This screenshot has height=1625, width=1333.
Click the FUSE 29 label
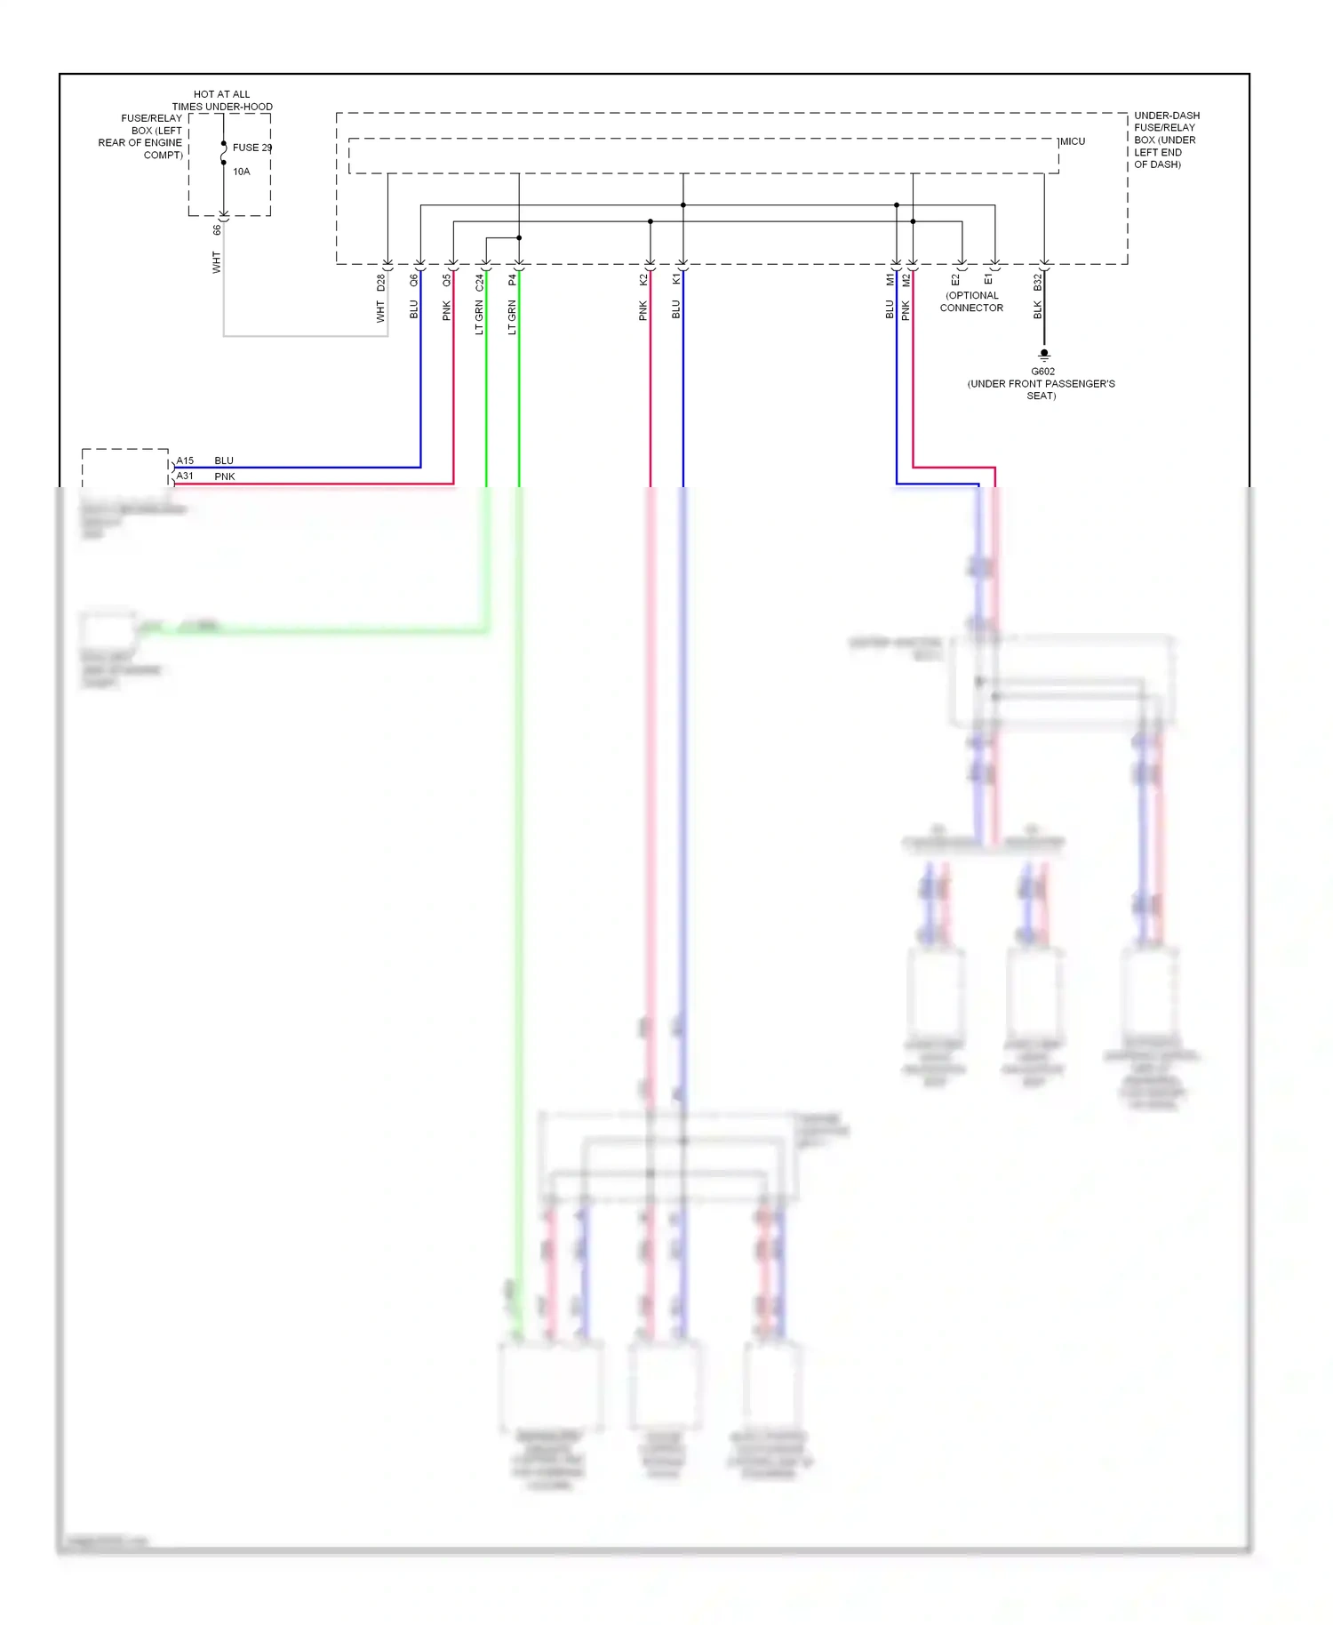(x=251, y=148)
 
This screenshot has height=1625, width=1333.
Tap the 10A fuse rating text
(x=242, y=172)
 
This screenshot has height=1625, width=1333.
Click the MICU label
(x=1073, y=141)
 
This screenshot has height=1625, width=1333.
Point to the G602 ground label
(x=1042, y=372)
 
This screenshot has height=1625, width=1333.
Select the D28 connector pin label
(x=381, y=283)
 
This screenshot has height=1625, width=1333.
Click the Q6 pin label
(x=414, y=280)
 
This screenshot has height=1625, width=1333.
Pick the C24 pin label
(x=480, y=283)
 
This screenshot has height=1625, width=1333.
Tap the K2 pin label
(x=643, y=280)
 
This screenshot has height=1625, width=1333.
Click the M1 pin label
(x=890, y=280)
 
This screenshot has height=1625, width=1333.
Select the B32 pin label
(x=1037, y=283)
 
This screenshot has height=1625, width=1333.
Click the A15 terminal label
(x=185, y=460)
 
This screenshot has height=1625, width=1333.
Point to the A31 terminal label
(x=185, y=476)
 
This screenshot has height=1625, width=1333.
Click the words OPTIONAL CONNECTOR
(x=971, y=301)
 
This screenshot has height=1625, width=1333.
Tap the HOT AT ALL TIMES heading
(x=222, y=100)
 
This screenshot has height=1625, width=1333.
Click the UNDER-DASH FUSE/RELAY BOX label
(x=1165, y=140)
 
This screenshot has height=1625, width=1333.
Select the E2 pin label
(x=955, y=280)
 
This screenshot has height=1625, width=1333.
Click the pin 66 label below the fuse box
(x=217, y=230)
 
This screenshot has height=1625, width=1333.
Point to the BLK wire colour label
(x=1037, y=309)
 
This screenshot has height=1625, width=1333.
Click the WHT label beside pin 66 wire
(x=216, y=261)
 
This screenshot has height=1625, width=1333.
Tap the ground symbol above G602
(x=1044, y=355)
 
